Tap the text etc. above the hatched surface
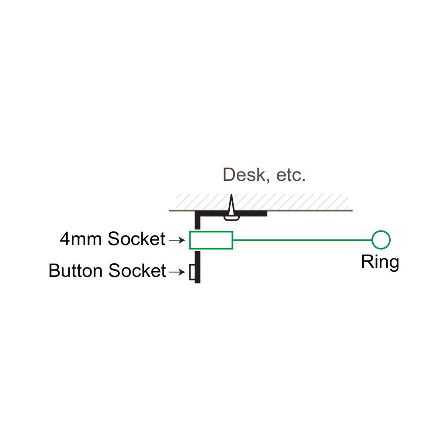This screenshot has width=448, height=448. (291, 175)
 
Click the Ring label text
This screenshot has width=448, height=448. (380, 262)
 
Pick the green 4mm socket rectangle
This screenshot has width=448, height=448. (211, 232)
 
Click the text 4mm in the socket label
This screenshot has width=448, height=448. (81, 239)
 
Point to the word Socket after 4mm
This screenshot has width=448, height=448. (136, 238)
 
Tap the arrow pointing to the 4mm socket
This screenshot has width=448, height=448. (177, 240)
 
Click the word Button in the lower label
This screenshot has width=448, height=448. (75, 270)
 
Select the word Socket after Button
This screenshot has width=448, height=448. (137, 270)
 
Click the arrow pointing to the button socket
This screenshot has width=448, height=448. (177, 272)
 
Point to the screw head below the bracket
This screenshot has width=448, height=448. (231, 219)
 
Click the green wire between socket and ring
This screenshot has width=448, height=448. (302, 240)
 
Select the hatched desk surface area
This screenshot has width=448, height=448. (262, 202)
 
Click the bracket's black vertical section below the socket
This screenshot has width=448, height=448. (197, 267)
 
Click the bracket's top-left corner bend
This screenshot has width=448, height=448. (197, 213)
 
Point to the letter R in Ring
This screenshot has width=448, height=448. (367, 262)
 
